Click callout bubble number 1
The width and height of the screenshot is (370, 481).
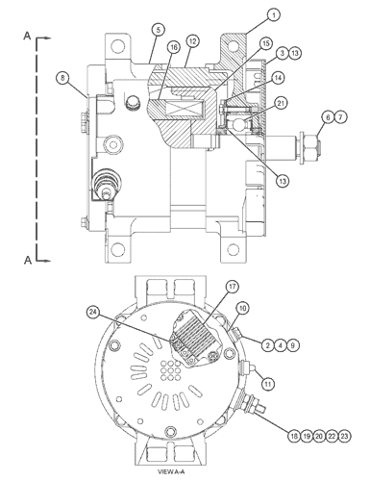(x=273, y=14)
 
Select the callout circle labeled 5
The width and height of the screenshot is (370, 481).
(x=158, y=30)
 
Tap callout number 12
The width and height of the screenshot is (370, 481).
(x=192, y=41)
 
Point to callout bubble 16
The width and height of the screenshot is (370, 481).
(x=173, y=47)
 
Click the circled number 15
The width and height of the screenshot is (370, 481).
(x=265, y=43)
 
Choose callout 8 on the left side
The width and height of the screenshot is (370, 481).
(x=62, y=78)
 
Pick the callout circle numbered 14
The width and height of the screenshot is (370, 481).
(x=278, y=78)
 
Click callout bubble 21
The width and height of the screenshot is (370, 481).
(x=281, y=103)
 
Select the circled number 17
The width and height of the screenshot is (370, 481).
(x=233, y=287)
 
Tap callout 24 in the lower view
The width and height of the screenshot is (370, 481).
(x=93, y=312)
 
